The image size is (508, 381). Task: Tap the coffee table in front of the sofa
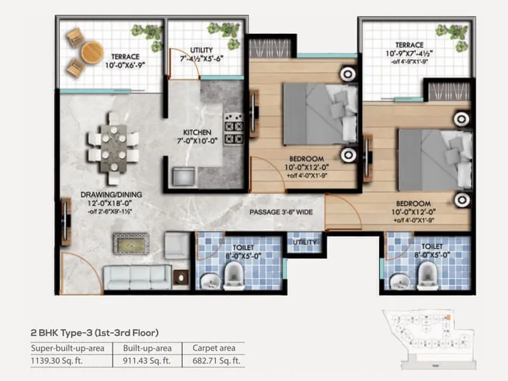click(x=131, y=242)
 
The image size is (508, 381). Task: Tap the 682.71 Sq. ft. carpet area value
click(x=216, y=360)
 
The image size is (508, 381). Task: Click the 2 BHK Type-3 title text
click(x=94, y=332)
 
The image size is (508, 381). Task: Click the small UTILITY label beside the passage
click(x=303, y=242)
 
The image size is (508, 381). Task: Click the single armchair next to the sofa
click(x=176, y=244)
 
